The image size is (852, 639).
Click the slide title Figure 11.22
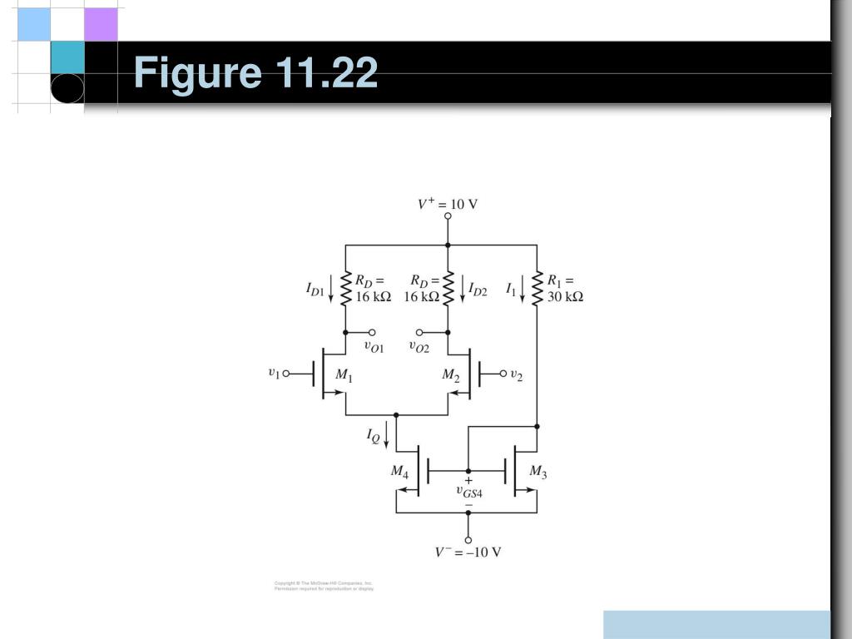tap(255, 73)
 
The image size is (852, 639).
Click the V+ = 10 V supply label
tap(448, 204)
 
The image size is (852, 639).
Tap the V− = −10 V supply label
tap(468, 552)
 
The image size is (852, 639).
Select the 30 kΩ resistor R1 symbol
tap(537, 288)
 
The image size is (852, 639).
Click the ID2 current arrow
tap(462, 289)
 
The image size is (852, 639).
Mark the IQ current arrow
tap(386, 435)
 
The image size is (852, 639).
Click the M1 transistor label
tap(344, 375)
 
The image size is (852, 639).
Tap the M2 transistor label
tap(450, 375)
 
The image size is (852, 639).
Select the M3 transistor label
tap(538, 473)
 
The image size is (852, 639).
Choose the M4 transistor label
tap(399, 472)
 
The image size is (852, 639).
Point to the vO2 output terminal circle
tap(419, 332)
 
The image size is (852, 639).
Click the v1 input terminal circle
tap(286, 374)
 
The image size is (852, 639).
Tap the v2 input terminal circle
tap(503, 374)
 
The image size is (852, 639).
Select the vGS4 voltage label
tap(469, 491)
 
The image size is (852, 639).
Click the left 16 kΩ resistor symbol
tap(345, 288)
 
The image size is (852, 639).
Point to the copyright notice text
tap(324, 586)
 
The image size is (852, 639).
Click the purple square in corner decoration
tap(101, 24)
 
